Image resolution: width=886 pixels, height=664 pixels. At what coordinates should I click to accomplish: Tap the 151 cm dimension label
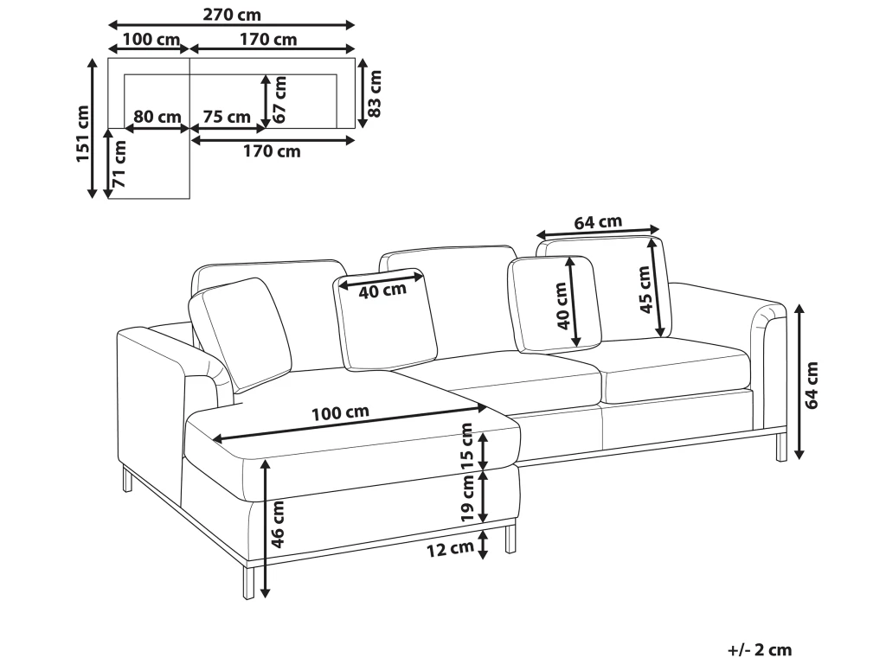click(x=82, y=134)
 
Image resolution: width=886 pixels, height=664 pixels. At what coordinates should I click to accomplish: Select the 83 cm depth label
click(x=376, y=93)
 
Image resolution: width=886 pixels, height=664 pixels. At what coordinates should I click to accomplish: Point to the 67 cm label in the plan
click(x=279, y=99)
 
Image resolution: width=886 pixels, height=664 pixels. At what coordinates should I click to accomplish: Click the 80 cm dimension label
click(x=157, y=117)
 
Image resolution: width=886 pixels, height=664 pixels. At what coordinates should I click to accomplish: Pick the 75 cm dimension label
click(x=227, y=117)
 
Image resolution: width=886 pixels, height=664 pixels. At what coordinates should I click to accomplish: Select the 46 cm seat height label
click(x=277, y=525)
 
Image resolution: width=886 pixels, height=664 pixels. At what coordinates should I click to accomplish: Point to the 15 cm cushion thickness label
click(x=467, y=446)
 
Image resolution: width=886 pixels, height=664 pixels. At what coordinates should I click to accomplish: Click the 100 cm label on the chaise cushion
click(x=339, y=412)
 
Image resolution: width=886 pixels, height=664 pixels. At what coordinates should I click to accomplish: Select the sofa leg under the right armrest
click(x=780, y=445)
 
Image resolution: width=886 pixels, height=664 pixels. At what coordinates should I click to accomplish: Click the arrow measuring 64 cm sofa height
click(x=800, y=380)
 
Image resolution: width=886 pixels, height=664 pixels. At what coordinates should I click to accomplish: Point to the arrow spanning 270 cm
click(x=231, y=25)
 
